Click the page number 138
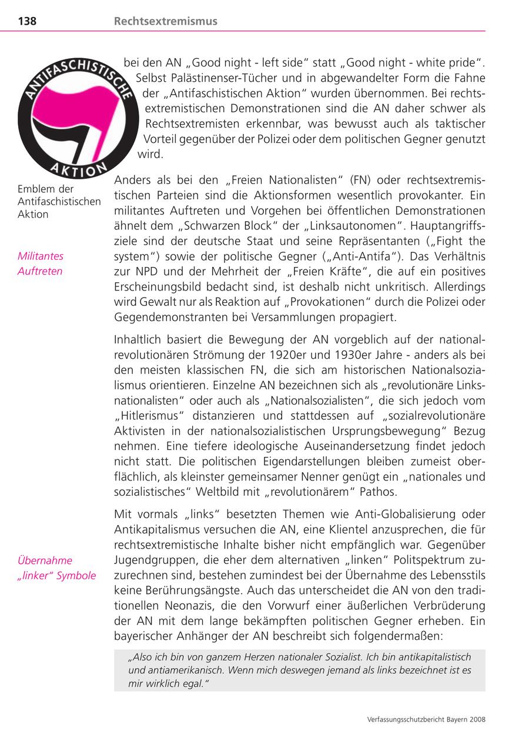coord(27,21)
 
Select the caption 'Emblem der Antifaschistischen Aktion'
coord(59,202)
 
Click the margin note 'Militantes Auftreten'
coord(41,263)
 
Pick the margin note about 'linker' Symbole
coord(56,567)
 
